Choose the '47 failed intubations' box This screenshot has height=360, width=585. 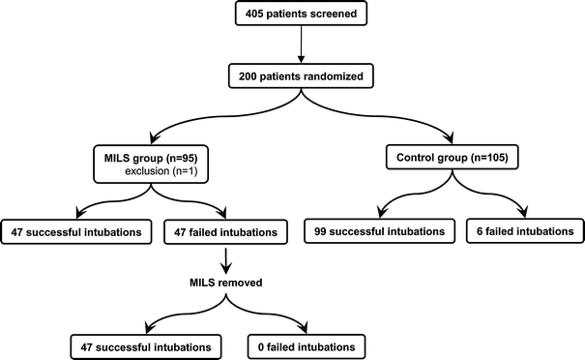(x=224, y=231)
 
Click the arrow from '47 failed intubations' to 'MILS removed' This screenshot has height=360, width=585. (x=224, y=258)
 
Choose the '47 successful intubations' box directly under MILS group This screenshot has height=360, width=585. (x=73, y=231)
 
